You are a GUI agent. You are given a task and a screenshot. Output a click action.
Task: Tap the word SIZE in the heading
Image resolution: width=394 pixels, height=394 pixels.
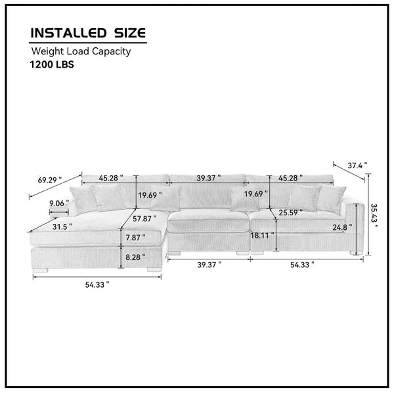coord(130,33)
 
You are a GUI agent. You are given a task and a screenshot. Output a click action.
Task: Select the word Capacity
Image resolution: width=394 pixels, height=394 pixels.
coord(111,51)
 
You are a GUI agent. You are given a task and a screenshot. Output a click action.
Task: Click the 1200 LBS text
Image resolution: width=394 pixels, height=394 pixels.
coord(52,64)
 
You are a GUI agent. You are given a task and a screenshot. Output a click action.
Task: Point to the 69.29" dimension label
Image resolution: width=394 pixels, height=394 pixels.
coord(50,180)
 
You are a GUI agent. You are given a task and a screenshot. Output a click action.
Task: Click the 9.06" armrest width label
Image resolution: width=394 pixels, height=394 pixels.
coord(59,203)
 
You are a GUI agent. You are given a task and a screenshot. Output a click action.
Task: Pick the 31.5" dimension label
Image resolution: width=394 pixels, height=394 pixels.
coord(62,227)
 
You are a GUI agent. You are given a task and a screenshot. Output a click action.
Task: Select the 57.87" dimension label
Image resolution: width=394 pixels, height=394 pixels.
coord(144,219)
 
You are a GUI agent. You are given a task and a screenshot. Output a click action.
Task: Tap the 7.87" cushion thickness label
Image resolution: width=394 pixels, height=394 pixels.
coord(135,238)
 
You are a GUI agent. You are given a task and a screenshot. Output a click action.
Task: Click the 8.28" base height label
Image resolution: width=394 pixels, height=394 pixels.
coord(135,257)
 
